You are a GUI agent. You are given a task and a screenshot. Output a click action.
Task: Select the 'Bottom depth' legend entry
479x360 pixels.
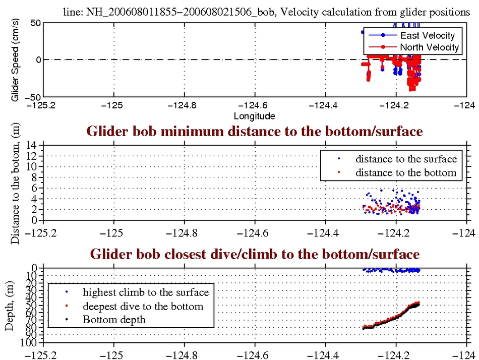click(x=114, y=320)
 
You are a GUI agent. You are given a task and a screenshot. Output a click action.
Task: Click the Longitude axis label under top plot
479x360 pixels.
click(x=255, y=116)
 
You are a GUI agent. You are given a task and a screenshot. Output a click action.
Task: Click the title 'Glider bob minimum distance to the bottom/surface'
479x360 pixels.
click(x=255, y=133)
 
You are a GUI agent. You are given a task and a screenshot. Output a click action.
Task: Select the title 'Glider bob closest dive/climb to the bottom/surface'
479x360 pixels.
click(x=255, y=254)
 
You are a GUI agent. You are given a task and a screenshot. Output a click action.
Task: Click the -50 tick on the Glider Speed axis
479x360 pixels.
click(x=34, y=96)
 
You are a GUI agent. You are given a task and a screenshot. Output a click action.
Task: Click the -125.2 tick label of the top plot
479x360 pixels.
click(x=43, y=105)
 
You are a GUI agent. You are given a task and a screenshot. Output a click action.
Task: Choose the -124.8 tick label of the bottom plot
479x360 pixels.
click(x=185, y=353)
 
